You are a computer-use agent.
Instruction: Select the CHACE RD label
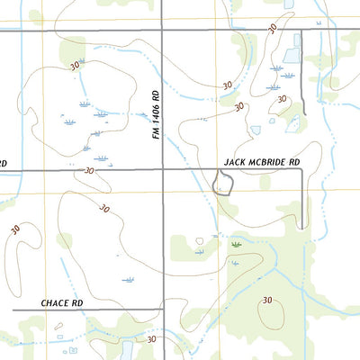62,303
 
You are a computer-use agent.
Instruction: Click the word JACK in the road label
234,161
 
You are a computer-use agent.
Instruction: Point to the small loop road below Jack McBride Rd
222,184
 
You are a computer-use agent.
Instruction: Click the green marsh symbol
236,243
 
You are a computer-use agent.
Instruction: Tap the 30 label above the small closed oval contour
267,300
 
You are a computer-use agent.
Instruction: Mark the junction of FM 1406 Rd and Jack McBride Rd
163,168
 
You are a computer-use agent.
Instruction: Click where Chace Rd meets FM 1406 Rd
163,310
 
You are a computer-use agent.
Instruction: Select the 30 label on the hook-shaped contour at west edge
15,230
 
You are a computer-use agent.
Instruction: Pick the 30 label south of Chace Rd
151,339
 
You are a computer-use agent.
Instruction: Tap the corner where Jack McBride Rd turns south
300,169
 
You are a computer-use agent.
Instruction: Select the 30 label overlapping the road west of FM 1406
88,169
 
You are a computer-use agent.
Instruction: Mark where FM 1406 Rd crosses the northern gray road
163,30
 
